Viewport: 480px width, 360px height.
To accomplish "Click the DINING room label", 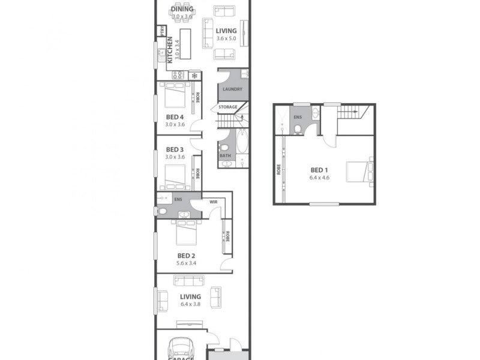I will pyautogui.click(x=181, y=8).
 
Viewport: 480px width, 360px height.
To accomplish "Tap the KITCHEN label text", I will pyautogui.click(x=170, y=49).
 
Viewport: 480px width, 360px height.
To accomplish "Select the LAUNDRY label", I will pyautogui.click(x=232, y=90).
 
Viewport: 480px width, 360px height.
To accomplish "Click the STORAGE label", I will pyautogui.click(x=227, y=107).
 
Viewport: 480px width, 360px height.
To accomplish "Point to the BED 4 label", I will pyautogui.click(x=175, y=117).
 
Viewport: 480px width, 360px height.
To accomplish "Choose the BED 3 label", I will pyautogui.click(x=175, y=149).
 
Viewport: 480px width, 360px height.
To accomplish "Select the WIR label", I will pyautogui.click(x=213, y=202).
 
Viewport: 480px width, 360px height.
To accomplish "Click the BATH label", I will pyautogui.click(x=225, y=156).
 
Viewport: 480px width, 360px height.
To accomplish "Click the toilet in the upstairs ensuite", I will pyautogui.click(x=298, y=130).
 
